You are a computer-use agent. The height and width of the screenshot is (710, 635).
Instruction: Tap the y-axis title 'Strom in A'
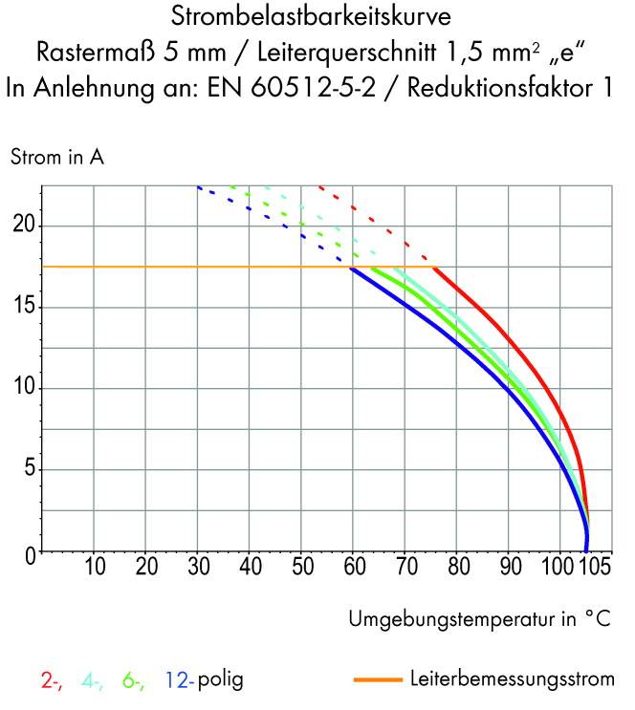56,158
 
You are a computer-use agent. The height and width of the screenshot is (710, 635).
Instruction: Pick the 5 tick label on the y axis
29,470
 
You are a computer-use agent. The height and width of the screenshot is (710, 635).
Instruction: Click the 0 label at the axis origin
30,552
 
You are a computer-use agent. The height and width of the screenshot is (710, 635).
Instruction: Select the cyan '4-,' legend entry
93,681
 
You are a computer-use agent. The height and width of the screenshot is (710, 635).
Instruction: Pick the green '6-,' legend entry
133,681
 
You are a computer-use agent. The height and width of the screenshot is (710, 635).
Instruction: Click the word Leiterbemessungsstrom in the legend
512,681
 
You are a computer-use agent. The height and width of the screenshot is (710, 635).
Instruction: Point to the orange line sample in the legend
377,681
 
